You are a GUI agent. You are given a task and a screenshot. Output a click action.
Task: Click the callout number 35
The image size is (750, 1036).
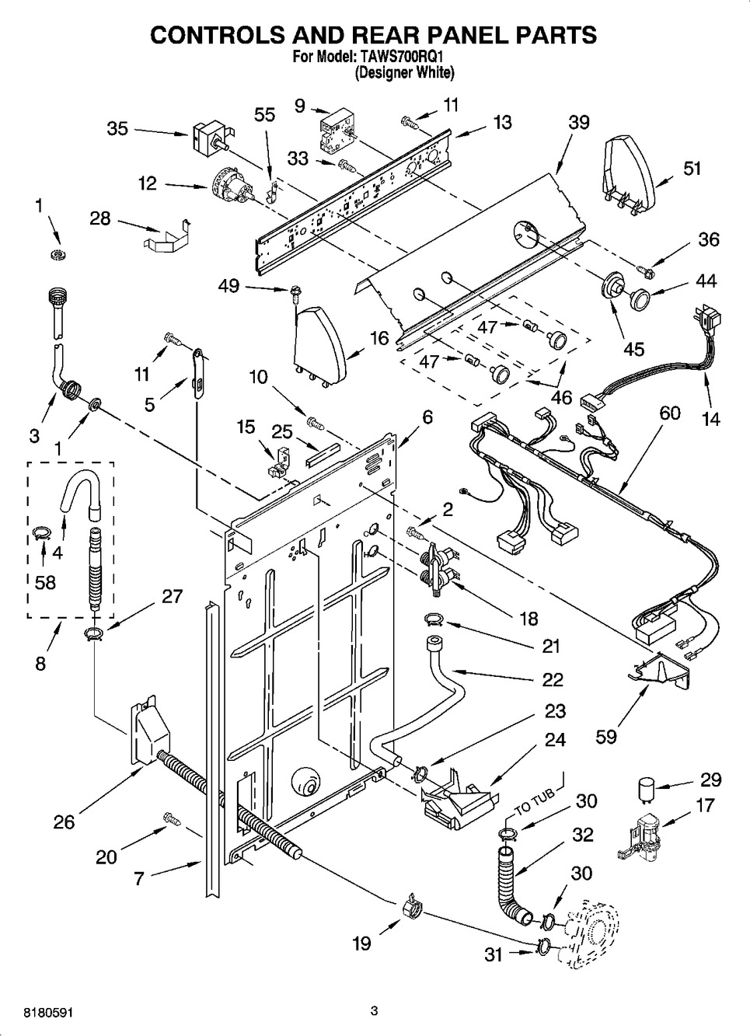coord(117,128)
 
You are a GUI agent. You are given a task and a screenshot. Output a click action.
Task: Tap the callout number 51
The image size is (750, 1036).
coord(692,168)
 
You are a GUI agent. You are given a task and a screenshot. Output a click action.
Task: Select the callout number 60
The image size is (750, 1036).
coord(670,413)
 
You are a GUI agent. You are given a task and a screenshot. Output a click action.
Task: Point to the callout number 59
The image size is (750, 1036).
coord(606,735)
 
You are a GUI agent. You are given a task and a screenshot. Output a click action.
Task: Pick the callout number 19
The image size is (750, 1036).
coord(361,944)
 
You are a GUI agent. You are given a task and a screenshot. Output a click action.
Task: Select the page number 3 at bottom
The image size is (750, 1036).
coord(374,1010)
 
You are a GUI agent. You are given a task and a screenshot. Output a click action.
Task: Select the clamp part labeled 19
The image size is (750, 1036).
coord(412,906)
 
